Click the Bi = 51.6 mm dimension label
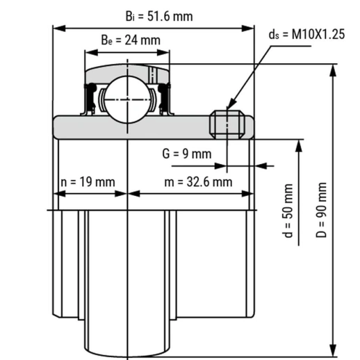click(x=159, y=17)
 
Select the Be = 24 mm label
click(x=131, y=40)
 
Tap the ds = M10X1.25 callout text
click(x=306, y=34)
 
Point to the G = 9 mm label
click(x=187, y=154)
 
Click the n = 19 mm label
click(x=88, y=182)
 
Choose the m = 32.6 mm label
click(x=198, y=182)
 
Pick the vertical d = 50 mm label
click(x=288, y=211)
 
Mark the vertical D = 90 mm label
click(x=321, y=210)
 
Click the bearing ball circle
click(x=127, y=99)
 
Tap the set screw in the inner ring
click(x=227, y=124)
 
